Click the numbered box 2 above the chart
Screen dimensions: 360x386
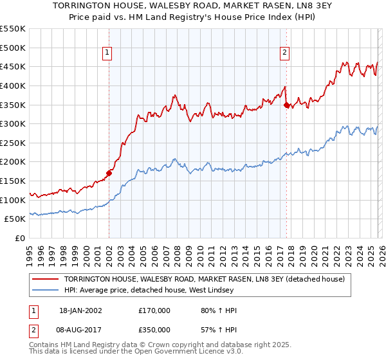point(284,53)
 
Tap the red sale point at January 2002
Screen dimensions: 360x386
point(109,173)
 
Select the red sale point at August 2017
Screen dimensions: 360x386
point(286,105)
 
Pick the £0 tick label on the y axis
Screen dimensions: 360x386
point(21,238)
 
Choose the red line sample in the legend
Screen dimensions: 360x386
point(46,279)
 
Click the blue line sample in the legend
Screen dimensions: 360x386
point(46,291)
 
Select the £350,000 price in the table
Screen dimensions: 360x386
point(154,331)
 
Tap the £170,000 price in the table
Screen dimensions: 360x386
point(154,310)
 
